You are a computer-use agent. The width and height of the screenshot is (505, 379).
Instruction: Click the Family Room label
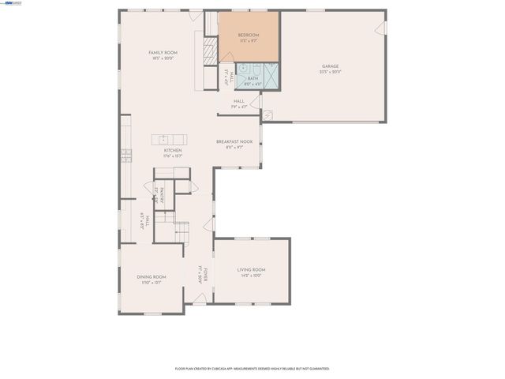[163, 52]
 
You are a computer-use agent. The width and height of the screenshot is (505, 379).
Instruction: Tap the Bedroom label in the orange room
[249, 36]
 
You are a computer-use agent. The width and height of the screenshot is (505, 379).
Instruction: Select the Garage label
[331, 66]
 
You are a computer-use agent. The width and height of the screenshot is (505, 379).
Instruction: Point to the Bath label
[252, 78]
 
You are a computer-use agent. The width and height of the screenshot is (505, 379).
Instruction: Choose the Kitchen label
[173, 150]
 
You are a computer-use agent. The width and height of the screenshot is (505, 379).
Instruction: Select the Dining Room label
[151, 276]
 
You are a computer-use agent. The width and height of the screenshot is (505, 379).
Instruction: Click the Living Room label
[252, 269]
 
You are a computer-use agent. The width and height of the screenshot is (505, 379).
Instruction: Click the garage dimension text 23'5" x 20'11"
[331, 72]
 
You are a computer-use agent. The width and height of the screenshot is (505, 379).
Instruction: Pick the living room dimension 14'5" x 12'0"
[252, 276]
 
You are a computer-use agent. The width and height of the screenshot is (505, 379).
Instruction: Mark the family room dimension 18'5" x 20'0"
[163, 58]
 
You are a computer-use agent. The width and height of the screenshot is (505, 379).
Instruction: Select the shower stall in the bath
[271, 77]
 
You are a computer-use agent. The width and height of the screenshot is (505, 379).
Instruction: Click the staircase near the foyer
[182, 231]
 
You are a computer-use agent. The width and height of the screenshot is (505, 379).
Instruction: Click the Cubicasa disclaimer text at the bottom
[252, 368]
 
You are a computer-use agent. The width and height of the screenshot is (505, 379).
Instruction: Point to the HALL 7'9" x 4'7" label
[238, 103]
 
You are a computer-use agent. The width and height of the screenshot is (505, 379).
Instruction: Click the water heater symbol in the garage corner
[267, 115]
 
